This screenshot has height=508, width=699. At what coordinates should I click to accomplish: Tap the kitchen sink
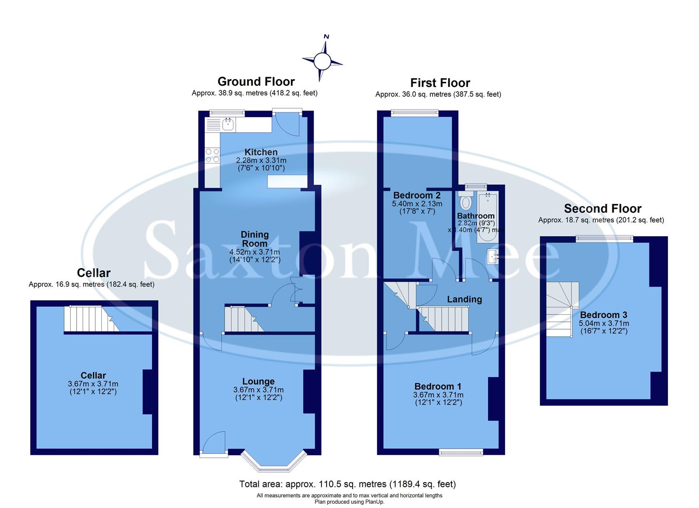(x=228, y=125)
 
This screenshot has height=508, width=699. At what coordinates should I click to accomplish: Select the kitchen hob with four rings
(x=212, y=156)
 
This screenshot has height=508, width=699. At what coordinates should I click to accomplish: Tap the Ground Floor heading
(x=256, y=82)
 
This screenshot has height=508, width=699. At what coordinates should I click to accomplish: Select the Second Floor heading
(x=603, y=208)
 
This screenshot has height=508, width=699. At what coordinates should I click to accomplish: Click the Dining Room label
(x=255, y=239)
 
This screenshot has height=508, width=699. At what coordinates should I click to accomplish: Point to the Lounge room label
(x=258, y=381)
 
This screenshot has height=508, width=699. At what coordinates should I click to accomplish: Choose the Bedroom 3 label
(x=603, y=315)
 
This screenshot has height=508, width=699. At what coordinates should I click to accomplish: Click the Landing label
(x=464, y=299)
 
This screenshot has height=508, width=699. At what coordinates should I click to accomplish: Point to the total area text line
(x=347, y=484)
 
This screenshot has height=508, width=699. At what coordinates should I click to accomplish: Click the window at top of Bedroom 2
(x=415, y=112)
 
